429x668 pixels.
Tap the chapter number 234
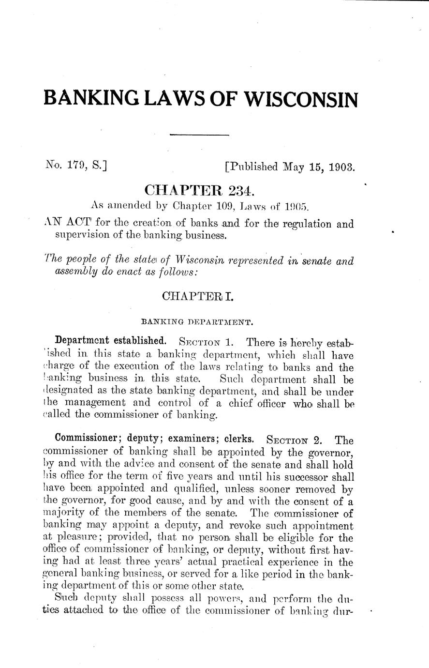pyautogui.click(x=238, y=190)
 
